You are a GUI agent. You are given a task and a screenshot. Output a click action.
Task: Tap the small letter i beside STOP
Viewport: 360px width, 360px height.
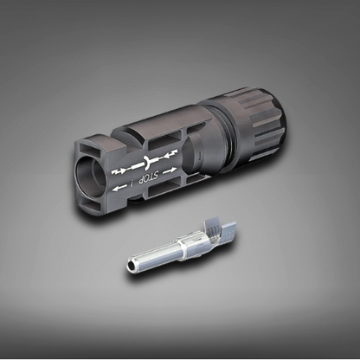tap(132, 183)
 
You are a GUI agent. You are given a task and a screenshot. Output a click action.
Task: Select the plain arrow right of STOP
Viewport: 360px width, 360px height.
tap(170, 171)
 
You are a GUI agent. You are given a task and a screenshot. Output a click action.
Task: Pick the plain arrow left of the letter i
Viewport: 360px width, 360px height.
tap(119, 188)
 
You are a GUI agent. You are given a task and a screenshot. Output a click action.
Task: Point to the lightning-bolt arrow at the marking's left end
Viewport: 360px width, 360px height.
tap(119, 171)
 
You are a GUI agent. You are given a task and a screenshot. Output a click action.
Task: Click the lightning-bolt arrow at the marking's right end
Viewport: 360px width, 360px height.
tap(170, 154)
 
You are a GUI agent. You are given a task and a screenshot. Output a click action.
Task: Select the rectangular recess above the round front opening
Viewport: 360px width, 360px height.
tap(89, 148)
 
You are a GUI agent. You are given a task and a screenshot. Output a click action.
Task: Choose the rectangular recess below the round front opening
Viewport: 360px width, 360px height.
tap(90, 205)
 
